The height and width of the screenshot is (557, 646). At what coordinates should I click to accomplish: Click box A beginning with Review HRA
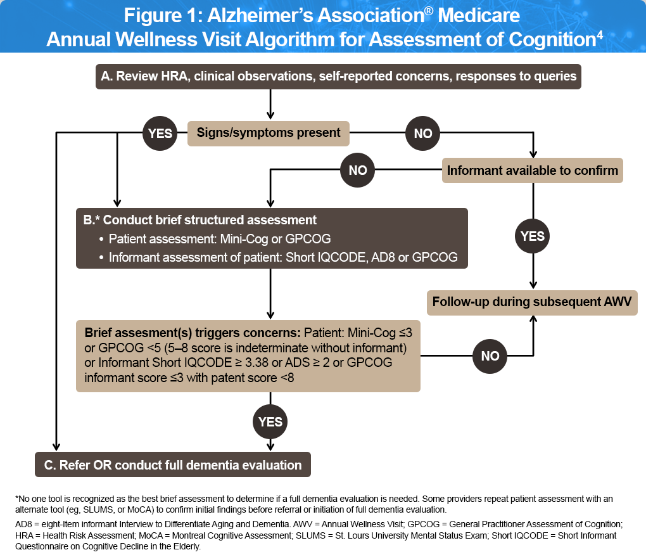point(338,77)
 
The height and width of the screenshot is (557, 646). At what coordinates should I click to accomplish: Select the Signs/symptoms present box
point(269,133)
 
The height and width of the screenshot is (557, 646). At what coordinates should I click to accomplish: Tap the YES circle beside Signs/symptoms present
point(159,133)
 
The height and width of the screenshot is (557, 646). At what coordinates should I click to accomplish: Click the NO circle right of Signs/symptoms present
point(422,133)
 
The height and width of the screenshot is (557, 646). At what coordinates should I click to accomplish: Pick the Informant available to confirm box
point(532,170)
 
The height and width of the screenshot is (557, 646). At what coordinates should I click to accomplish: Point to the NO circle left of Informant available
point(358,170)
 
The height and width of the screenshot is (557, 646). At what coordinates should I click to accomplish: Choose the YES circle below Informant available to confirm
point(532,236)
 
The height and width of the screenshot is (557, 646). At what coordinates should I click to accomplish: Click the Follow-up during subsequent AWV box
point(532,302)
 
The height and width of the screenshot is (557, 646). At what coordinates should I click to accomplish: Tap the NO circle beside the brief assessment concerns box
point(490,356)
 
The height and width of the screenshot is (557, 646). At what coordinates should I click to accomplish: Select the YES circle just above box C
point(270,421)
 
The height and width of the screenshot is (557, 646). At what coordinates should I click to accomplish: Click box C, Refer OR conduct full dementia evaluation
point(173,465)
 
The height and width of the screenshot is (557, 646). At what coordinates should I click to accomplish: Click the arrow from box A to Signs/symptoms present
point(271,104)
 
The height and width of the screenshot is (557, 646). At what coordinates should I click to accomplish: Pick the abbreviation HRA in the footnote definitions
point(23,535)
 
